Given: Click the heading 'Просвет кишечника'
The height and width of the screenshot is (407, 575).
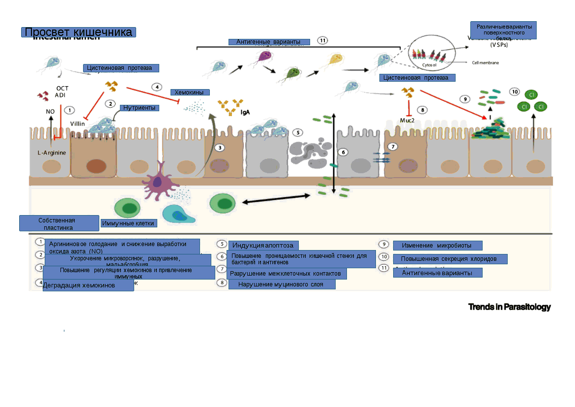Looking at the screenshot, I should coord(79,32).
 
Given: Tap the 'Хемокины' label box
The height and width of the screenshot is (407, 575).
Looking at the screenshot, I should coord(190,93).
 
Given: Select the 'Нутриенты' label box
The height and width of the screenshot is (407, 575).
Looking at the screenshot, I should coord(140,108).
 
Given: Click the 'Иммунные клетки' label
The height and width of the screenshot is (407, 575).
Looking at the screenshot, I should coord(128,223).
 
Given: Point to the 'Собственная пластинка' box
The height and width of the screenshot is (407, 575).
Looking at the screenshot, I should coord(59,223).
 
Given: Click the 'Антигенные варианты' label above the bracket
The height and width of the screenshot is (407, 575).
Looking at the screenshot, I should coord(269,42).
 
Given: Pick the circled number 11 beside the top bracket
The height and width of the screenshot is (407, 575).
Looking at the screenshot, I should coord(322,40).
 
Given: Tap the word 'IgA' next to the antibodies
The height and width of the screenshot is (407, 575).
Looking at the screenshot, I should coord(245,112).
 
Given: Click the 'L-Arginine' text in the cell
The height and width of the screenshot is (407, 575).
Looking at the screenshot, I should coord(52,153).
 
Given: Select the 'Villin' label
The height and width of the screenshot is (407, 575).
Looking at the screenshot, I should coord(78,124).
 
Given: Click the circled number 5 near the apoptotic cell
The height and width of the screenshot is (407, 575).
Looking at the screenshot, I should coord(297,132).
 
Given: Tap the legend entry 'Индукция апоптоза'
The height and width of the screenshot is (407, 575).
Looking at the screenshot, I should coord(263,245).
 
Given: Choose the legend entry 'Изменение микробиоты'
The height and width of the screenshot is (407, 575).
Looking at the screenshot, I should coord(437,246).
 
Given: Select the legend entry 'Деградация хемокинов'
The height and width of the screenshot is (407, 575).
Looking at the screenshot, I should coord(88,285).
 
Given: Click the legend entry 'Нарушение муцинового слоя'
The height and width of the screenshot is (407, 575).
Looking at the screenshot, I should coord(282,284).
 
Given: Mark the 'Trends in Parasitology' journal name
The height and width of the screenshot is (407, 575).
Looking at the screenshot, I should coord(509,307).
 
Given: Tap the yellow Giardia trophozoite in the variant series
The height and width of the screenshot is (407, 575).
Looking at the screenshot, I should coord(335,61).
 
